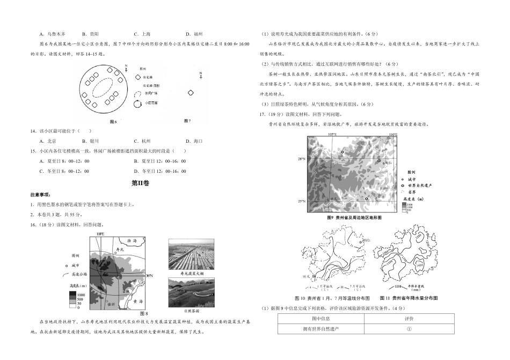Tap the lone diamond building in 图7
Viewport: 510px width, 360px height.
click(190, 93)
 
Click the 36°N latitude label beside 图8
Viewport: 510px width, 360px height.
click(151, 275)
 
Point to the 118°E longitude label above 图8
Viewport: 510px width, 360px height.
click(100, 235)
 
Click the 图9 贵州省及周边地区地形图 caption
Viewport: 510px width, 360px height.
click(354, 219)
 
